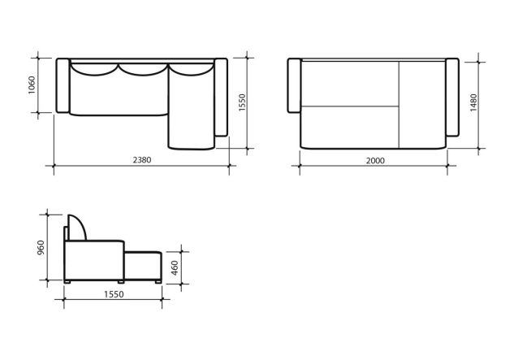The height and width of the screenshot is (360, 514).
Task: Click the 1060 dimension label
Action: (32, 85)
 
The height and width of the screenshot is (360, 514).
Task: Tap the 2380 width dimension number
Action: (142, 160)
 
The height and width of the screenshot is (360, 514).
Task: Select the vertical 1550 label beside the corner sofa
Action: (242, 102)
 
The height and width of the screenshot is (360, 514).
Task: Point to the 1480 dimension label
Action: (473, 102)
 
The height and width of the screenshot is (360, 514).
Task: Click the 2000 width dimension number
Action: (375, 160)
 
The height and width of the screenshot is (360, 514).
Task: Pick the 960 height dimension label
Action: (41, 248)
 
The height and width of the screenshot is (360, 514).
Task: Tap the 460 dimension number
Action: (175, 268)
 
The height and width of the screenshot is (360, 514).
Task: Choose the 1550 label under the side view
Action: (114, 294)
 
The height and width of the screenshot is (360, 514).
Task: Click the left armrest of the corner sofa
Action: (63, 85)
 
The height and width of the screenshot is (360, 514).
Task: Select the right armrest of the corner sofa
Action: (221, 98)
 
